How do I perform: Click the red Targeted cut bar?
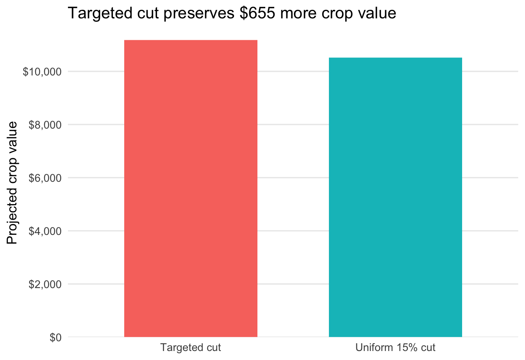pos(191,188)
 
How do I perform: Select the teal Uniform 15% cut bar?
pos(395,197)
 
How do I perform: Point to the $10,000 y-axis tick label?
pos(42,72)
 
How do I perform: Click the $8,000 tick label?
pos(45,125)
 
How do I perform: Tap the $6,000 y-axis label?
pos(45,178)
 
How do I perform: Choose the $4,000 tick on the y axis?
pos(45,231)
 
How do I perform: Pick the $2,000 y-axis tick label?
pos(45,284)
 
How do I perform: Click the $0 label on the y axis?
pos(55,337)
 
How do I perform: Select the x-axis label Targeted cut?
pos(191,347)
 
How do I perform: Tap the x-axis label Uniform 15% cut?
pos(395,347)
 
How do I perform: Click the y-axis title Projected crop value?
pos(12,183)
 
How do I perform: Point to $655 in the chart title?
pos(257,13)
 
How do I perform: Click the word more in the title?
pos(298,14)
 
